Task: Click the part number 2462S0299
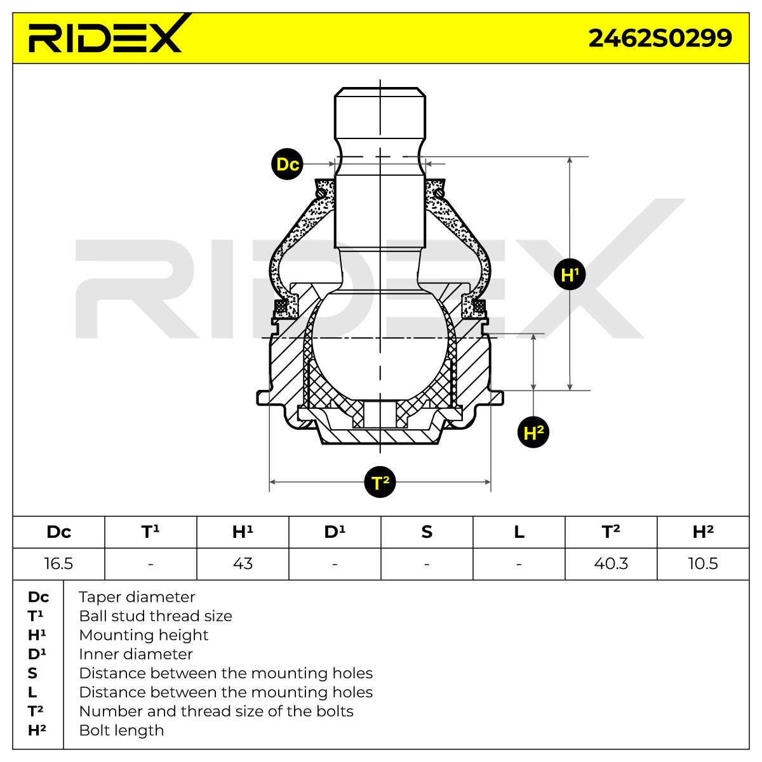[660, 38]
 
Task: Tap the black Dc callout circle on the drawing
[288, 164]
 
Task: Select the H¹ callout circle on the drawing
[570, 274]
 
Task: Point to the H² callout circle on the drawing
[533, 432]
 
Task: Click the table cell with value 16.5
[58, 563]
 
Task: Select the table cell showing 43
[243, 563]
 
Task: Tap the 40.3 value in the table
[611, 563]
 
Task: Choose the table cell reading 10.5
[703, 563]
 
